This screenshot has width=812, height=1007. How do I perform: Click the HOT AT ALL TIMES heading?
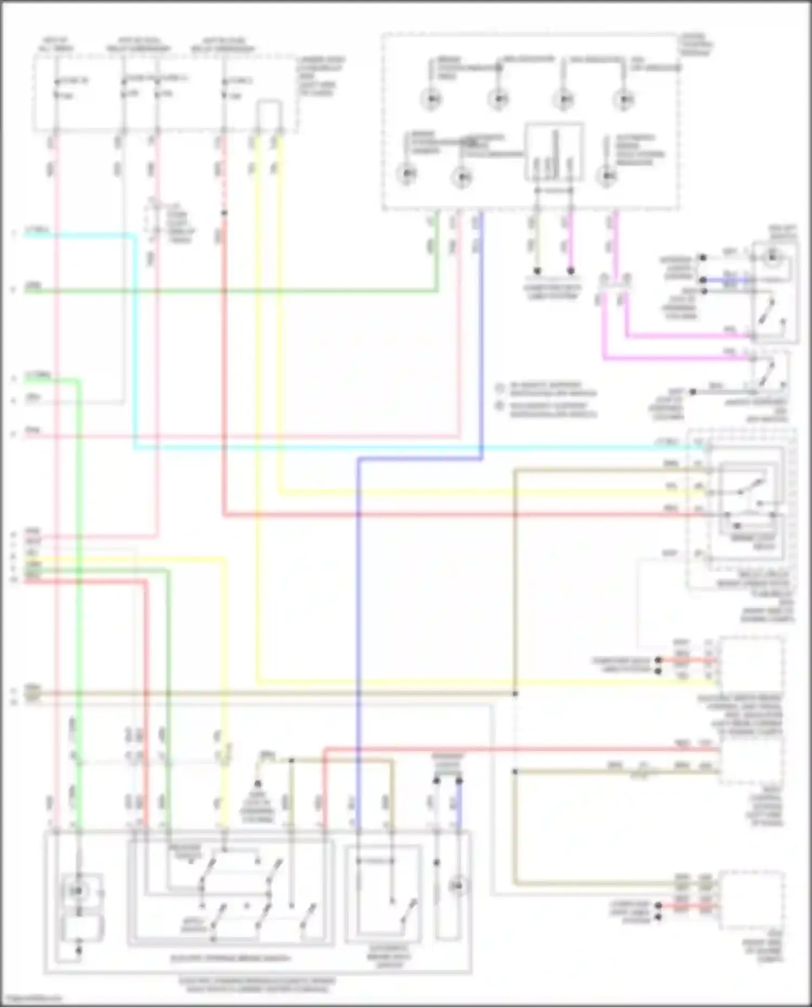tap(56, 45)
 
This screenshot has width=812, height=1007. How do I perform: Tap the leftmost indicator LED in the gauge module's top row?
tap(432, 99)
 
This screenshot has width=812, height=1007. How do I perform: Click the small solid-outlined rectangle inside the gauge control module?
tap(554, 152)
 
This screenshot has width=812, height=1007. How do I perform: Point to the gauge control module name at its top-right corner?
tap(696, 45)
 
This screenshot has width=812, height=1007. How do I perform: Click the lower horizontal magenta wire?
tap(677, 358)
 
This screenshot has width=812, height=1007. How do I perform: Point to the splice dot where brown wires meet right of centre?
tap(515, 694)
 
